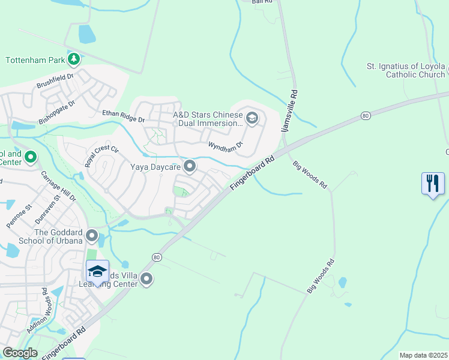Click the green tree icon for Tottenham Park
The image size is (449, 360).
[74, 59]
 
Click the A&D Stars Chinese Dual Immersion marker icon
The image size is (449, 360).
[252, 116]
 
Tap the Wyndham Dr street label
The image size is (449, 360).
[225, 145]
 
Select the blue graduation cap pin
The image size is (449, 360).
[97, 272]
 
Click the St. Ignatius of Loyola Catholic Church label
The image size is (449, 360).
[406, 70]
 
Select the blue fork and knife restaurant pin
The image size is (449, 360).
[433, 184]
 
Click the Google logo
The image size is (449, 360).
[20, 353]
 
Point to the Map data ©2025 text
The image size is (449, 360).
[423, 355]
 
